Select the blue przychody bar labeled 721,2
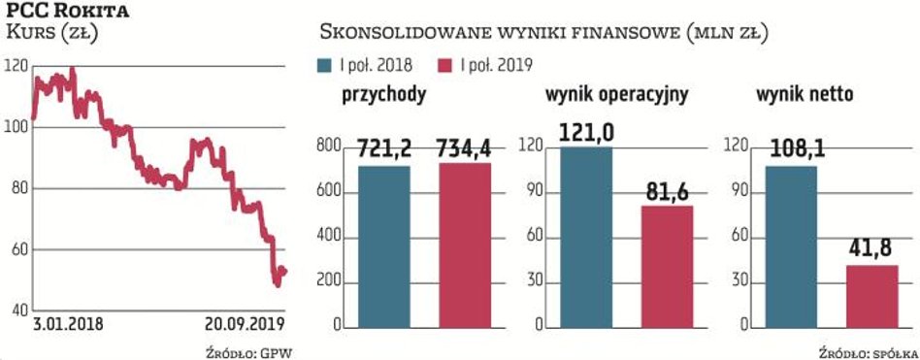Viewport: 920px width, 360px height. (384, 246)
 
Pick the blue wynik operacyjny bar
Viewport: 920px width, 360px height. (585, 237)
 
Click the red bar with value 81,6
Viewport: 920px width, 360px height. (667, 266)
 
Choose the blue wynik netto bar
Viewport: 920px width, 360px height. (791, 246)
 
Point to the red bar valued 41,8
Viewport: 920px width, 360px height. (871, 296)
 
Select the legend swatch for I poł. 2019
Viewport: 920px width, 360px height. (446, 65)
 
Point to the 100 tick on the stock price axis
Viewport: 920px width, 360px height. (16, 128)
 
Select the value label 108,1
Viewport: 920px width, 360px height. (791, 150)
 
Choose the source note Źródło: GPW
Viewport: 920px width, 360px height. (248, 349)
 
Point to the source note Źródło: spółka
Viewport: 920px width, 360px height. (865, 349)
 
